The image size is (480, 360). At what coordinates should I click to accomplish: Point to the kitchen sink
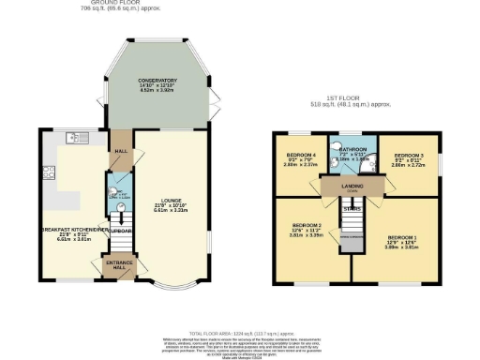coord(74,139)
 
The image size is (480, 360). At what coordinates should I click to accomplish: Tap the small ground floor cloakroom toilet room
coord(118,193)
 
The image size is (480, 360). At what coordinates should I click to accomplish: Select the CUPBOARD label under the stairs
coord(121,229)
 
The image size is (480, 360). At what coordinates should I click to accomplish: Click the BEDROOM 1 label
coord(402,238)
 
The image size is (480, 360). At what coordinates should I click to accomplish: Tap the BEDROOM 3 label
coord(409,155)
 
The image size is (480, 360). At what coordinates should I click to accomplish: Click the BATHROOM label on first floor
coord(352,149)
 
